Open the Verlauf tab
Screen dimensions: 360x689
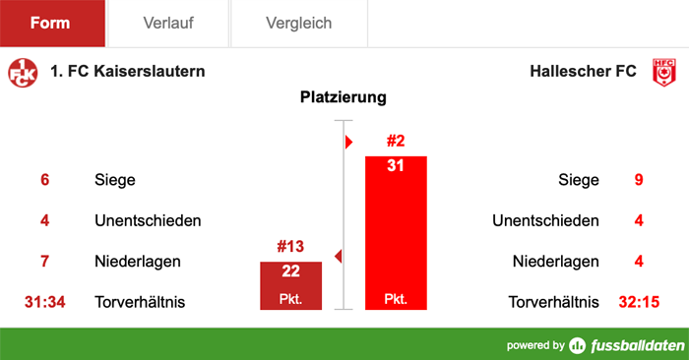(x=167, y=23)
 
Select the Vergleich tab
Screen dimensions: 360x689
(x=298, y=23)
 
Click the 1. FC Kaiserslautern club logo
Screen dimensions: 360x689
(x=22, y=72)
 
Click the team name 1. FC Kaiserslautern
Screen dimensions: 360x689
(x=127, y=72)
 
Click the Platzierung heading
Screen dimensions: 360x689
(x=344, y=98)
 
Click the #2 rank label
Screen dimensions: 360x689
(x=396, y=141)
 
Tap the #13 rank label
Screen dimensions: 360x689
(x=291, y=247)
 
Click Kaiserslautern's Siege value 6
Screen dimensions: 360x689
(x=44, y=180)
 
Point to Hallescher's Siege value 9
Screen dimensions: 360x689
(x=639, y=180)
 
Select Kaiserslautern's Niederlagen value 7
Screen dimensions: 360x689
(x=44, y=262)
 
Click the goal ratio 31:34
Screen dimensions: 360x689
(x=44, y=302)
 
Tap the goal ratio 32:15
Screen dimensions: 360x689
(x=639, y=302)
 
